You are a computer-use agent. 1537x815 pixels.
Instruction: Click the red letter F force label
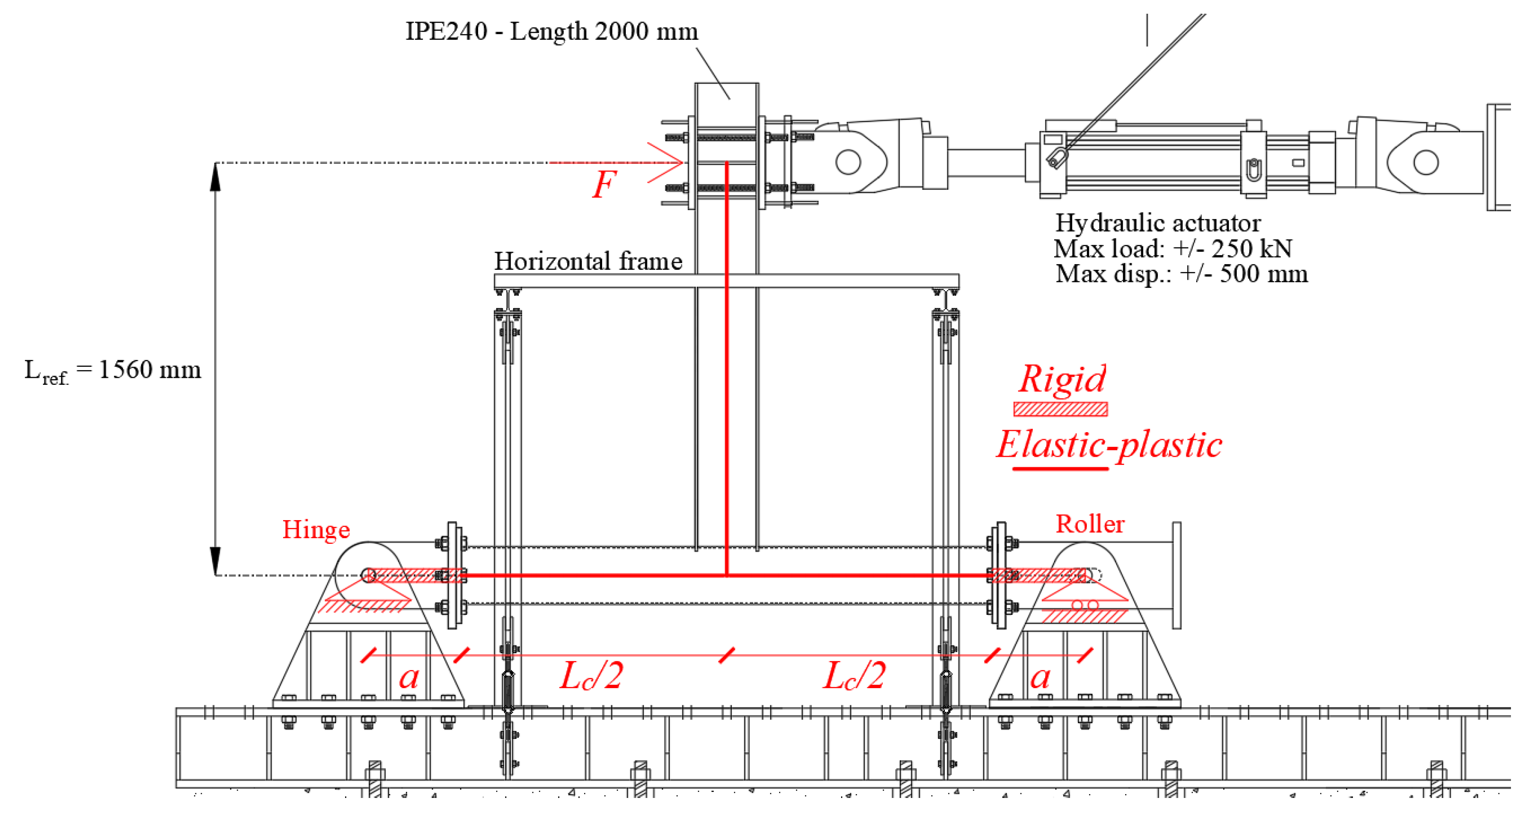(604, 185)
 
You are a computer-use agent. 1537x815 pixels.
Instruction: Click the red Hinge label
(316, 530)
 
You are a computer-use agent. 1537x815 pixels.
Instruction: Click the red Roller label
(1090, 524)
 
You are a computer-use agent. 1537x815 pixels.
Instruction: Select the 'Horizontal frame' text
(588, 261)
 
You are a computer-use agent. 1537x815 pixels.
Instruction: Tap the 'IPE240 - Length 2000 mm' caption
(551, 31)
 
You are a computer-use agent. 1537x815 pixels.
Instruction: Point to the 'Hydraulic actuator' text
(1157, 223)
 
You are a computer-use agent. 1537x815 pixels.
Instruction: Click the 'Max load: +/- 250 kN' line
(1173, 249)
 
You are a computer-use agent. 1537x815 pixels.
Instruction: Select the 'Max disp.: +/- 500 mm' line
(1182, 274)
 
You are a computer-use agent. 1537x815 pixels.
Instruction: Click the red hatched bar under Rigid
(1060, 409)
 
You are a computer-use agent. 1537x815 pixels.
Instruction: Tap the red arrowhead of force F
(674, 162)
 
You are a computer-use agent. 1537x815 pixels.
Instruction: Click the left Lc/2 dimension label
(591, 676)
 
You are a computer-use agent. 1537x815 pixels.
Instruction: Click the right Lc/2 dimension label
(854, 676)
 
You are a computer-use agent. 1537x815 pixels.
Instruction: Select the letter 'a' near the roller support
(1040, 678)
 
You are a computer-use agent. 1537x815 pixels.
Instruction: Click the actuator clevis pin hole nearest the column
(848, 162)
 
